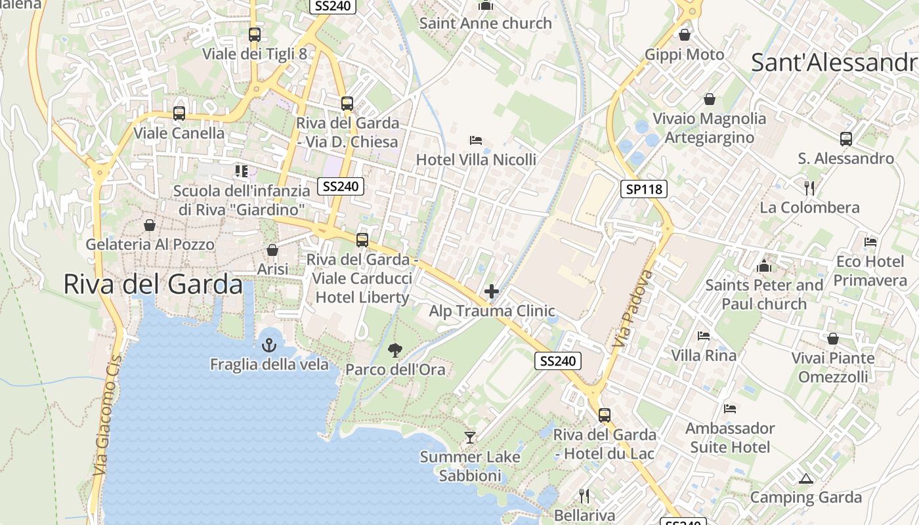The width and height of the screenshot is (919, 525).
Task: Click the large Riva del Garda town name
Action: click(x=153, y=284)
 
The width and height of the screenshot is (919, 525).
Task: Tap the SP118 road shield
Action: click(x=644, y=190)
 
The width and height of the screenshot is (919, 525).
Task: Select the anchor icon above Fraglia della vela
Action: click(x=268, y=345)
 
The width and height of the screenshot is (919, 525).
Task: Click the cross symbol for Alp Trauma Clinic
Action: click(x=491, y=291)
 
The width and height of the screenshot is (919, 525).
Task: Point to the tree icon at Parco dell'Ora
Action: click(x=395, y=350)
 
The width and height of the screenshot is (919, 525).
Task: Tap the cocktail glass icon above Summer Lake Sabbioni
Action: click(x=469, y=437)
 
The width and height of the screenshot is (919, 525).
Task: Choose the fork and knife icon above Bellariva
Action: click(x=584, y=495)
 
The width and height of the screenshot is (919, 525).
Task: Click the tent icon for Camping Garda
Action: click(x=806, y=478)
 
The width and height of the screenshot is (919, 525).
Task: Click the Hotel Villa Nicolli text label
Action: click(x=476, y=159)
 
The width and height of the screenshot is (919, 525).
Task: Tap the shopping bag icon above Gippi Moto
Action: click(x=685, y=35)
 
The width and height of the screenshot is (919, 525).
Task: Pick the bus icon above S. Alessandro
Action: click(x=845, y=139)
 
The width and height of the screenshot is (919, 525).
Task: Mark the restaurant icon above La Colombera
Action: click(x=809, y=188)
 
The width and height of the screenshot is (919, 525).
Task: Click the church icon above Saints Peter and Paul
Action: click(x=763, y=266)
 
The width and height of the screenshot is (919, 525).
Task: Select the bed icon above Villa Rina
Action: click(x=704, y=336)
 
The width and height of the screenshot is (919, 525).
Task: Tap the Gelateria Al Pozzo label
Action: click(x=150, y=245)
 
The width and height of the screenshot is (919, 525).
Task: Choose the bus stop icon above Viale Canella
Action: click(x=179, y=114)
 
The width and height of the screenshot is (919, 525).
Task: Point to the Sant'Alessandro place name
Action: click(x=834, y=62)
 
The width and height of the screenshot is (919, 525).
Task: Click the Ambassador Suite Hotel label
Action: click(x=730, y=438)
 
